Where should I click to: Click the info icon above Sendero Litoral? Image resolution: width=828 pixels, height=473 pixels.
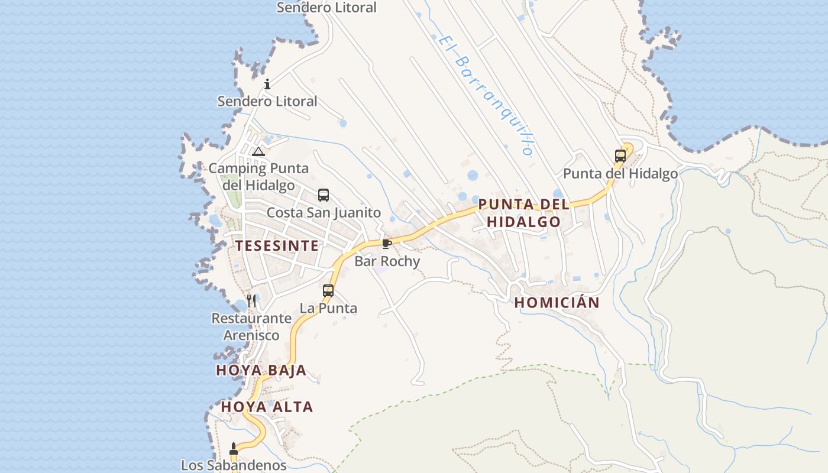click(267, 84)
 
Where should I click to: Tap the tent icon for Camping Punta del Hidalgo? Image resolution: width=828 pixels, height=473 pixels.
click(258, 151)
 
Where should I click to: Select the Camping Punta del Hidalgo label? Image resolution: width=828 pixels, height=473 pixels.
click(258, 176)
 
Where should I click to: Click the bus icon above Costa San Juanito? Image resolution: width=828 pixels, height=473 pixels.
click(323, 195)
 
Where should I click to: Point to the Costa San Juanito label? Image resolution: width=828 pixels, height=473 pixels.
click(324, 212)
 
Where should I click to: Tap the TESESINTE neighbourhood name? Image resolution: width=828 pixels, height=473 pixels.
click(277, 246)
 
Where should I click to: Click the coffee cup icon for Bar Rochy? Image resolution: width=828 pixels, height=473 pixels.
click(386, 244)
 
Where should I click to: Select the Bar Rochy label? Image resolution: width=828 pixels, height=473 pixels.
click(387, 261)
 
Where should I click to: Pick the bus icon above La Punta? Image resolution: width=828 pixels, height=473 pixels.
click(328, 290)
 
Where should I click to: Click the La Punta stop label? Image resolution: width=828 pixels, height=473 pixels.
click(328, 308)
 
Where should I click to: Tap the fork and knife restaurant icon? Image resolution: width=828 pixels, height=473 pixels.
click(251, 300)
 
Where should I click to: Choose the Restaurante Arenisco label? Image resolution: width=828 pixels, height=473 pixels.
click(251, 326)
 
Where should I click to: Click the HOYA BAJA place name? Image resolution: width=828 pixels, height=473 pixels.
click(261, 371)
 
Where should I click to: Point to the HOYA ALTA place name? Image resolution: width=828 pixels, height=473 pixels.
click(267, 407)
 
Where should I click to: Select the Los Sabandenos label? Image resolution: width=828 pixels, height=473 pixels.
click(234, 465)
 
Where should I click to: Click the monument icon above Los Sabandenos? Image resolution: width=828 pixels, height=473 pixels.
click(234, 449)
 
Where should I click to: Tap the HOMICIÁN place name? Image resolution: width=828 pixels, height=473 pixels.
click(557, 303)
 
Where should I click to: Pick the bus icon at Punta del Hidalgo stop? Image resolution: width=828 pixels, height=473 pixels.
click(620, 156)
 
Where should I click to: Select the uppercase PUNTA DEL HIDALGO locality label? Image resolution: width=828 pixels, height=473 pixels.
click(523, 213)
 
